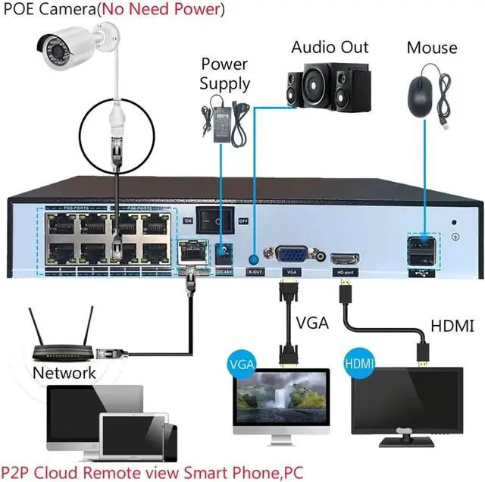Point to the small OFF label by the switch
coord(244,221)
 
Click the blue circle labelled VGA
coord(241,363)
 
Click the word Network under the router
coord(64,373)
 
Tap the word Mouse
coord(432,48)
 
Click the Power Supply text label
coord(224,74)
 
